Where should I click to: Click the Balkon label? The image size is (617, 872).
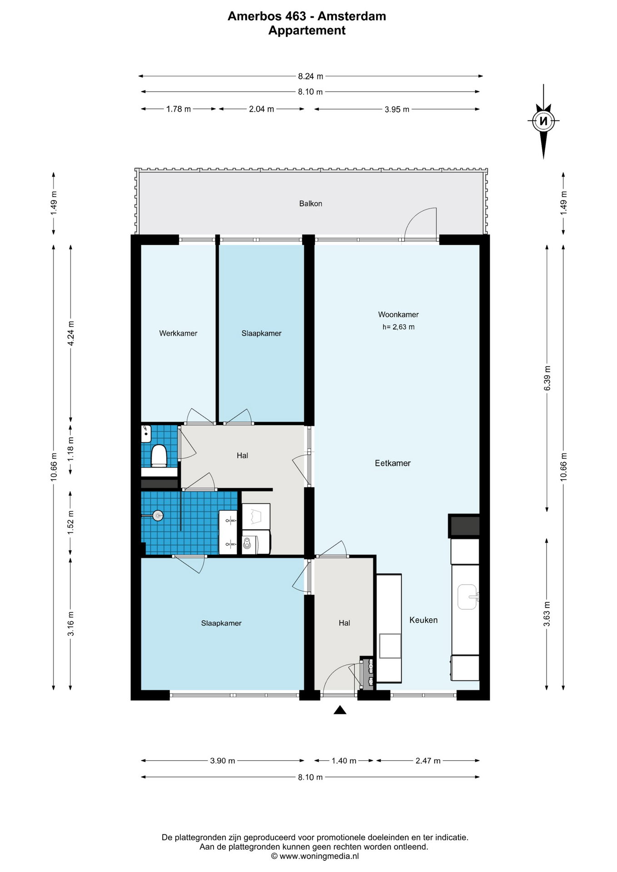[310, 203]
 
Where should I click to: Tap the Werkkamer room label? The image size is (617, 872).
[178, 333]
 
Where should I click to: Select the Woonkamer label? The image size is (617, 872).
[398, 314]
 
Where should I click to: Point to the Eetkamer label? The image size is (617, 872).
[393, 463]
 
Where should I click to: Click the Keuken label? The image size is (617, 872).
[423, 620]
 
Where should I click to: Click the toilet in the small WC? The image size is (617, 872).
[159, 456]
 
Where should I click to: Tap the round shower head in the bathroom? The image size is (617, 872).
[158, 515]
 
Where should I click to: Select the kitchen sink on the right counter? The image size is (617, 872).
[468, 597]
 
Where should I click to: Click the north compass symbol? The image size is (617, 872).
[543, 121]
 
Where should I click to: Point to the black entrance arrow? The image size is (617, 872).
[340, 710]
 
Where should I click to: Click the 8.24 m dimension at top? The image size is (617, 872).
[311, 76]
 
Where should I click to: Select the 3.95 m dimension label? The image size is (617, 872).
[397, 109]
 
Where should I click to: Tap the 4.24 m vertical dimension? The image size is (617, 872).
[71, 333]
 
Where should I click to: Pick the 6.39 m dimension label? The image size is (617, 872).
[547, 378]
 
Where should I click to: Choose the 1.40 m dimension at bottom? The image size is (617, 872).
[344, 761]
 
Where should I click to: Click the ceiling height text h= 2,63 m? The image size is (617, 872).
[398, 327]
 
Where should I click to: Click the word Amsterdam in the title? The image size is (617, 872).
[352, 16]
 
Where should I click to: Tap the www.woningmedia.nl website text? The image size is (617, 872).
[319, 856]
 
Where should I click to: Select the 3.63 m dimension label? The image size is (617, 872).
[547, 614]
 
